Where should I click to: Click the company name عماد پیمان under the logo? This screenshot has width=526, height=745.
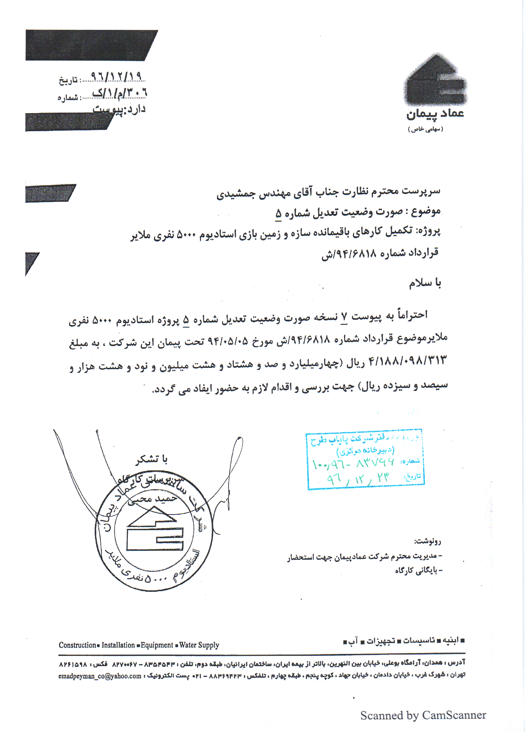(435, 114)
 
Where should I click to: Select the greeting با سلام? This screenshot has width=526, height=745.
(425, 283)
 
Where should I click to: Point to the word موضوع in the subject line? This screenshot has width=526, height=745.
(426, 212)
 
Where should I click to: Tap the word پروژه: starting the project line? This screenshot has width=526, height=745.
(428, 231)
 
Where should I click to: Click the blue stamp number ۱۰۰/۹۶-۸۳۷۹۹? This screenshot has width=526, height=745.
(353, 463)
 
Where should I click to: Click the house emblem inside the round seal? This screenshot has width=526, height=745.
(155, 529)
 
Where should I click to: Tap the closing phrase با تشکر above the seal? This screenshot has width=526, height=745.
(152, 459)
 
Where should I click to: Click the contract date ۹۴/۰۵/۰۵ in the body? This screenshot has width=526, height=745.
(227, 341)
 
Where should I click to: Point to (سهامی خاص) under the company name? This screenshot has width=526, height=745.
(425, 129)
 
